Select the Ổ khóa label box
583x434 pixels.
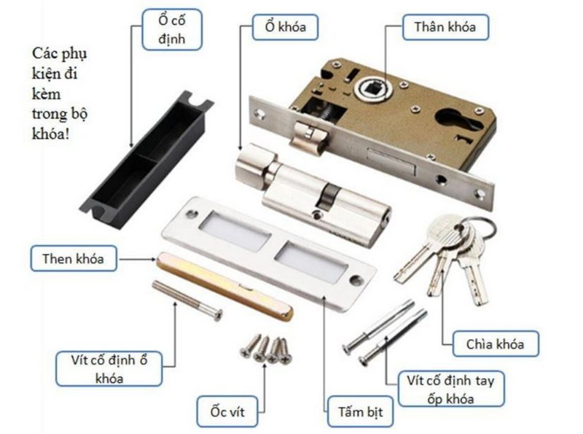pos(279,28)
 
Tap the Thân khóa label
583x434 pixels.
pos(445,28)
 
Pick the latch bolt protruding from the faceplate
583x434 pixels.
pos(310,135)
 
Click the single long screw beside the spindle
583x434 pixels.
pos(187,300)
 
